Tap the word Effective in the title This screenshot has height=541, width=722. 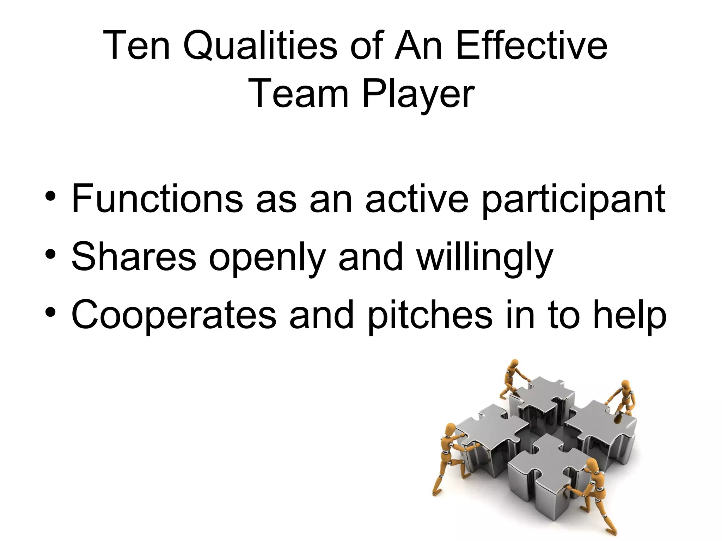click(x=531, y=46)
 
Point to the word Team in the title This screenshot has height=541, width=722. click(x=300, y=93)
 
